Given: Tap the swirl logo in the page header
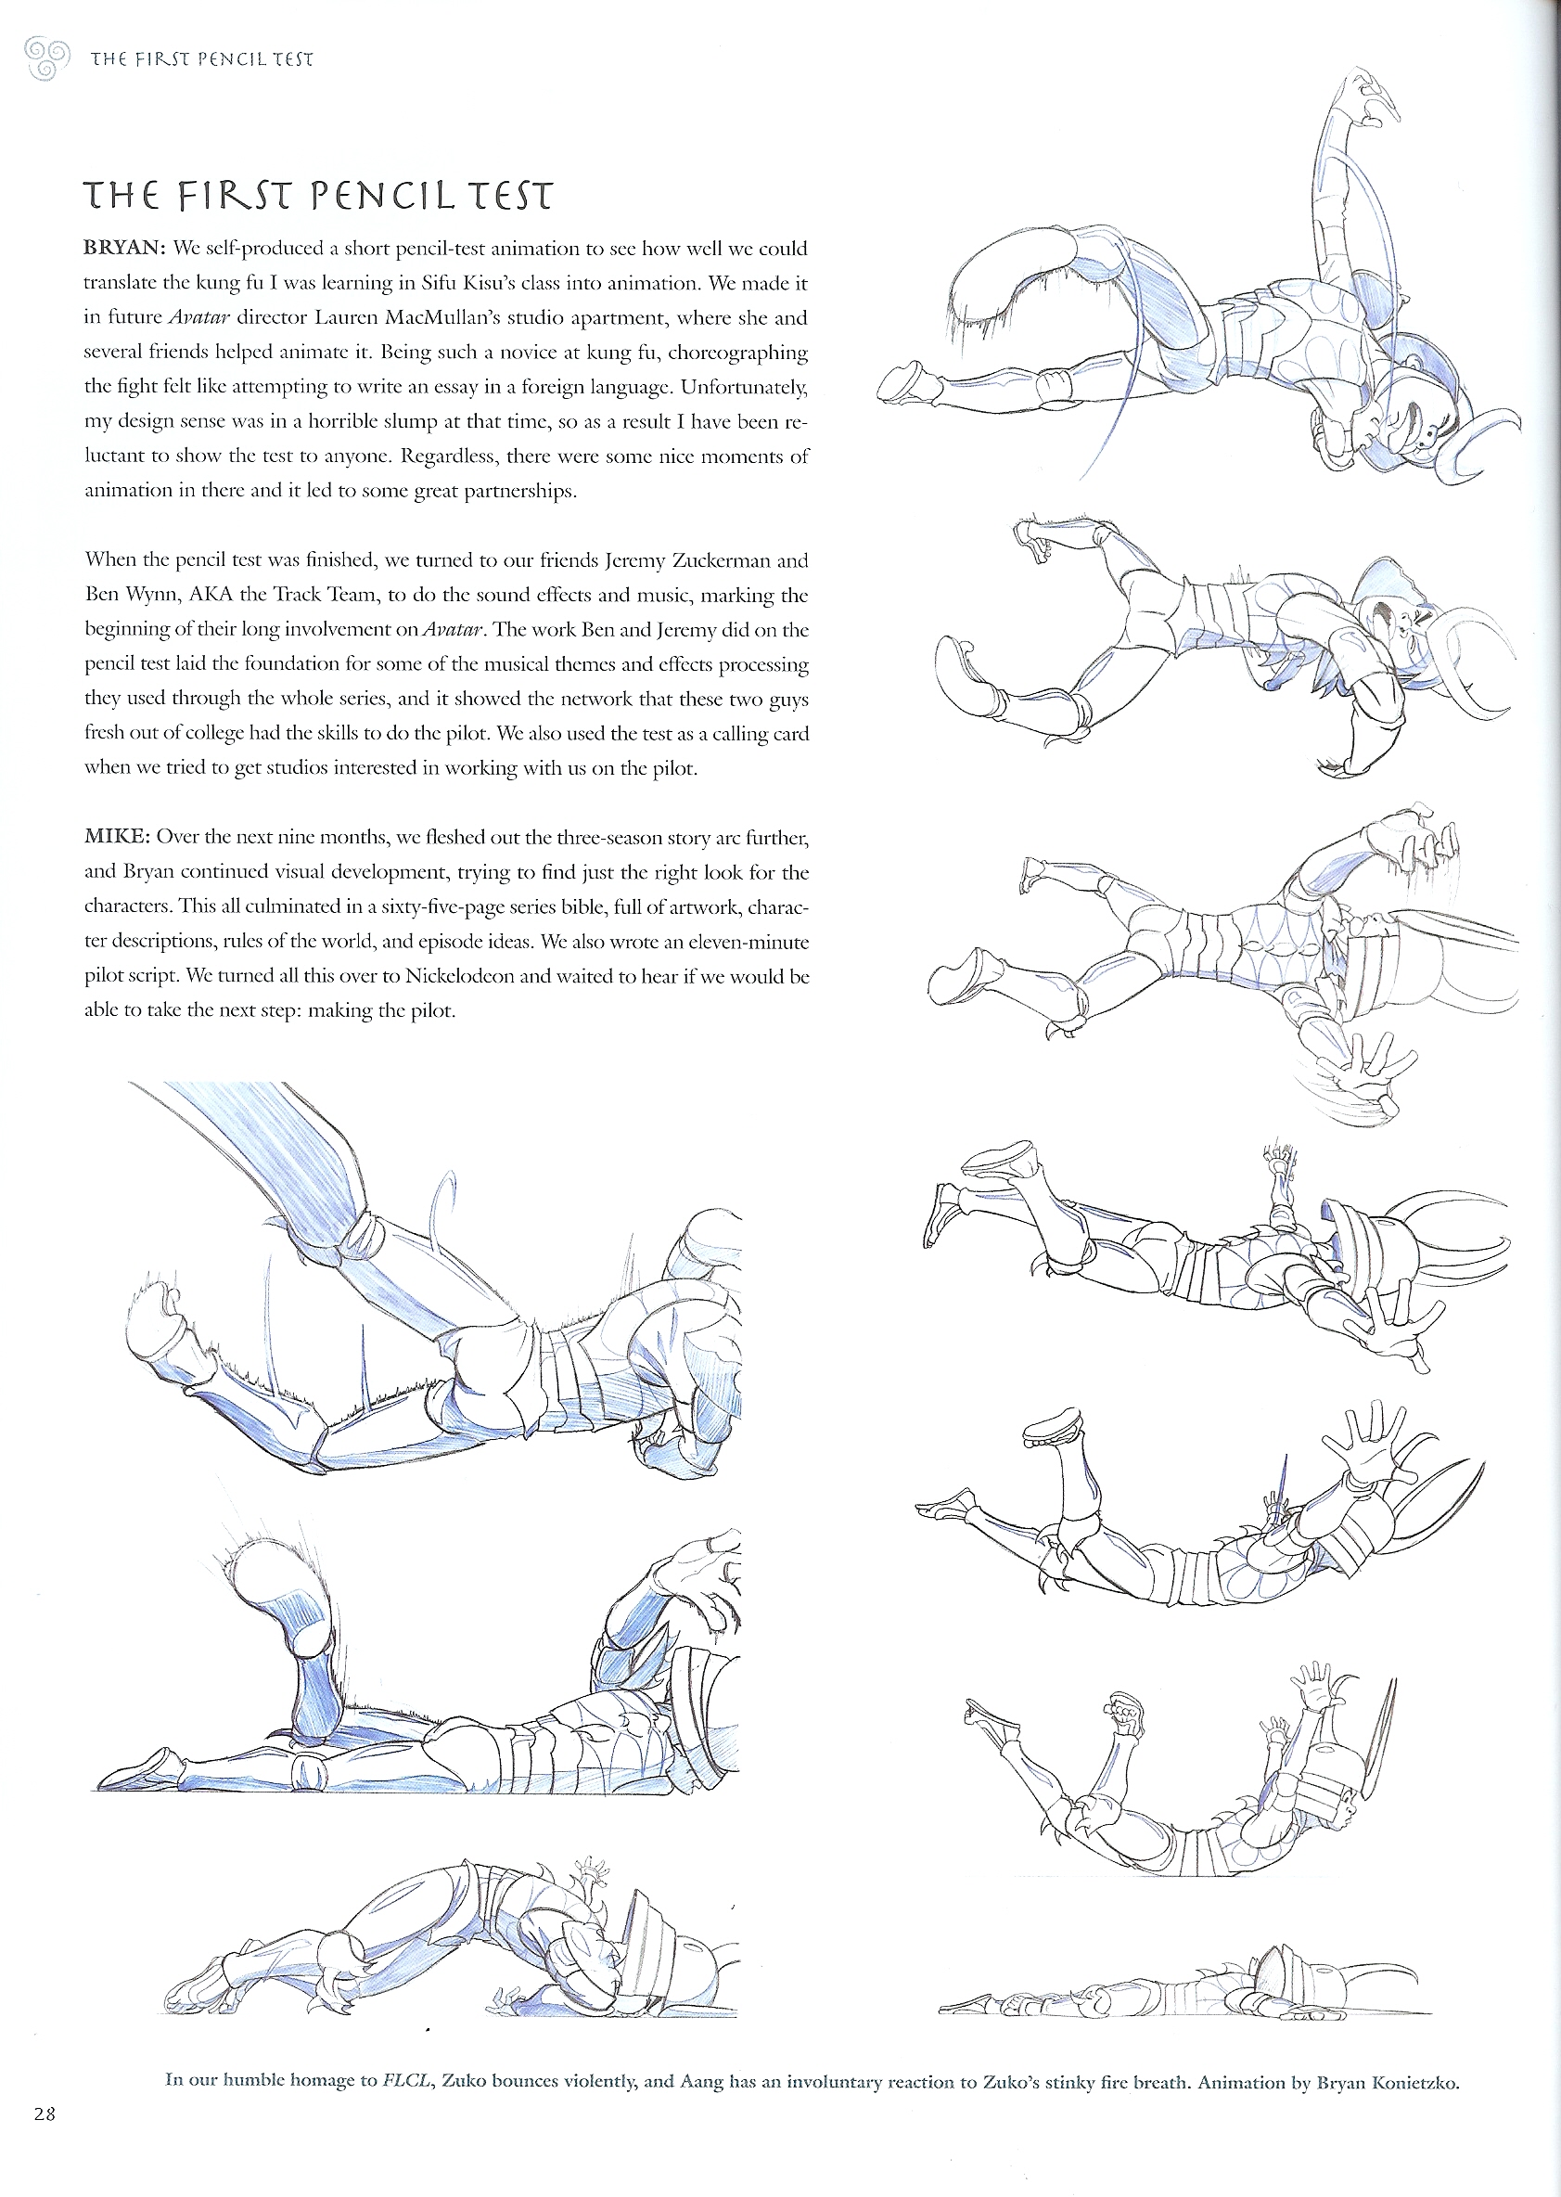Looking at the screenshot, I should tap(46, 58).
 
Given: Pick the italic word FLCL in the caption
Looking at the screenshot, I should tap(403, 2083).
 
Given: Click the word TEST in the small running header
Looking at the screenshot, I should tap(293, 58).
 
